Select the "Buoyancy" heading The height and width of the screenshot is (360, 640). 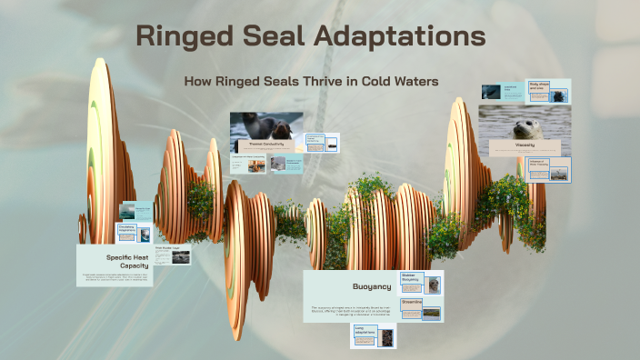pos(371,286)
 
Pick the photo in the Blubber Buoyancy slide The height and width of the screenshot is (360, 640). pos(434,285)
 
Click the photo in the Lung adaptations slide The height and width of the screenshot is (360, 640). pos(386,338)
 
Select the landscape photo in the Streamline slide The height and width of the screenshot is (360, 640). pos(431,313)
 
